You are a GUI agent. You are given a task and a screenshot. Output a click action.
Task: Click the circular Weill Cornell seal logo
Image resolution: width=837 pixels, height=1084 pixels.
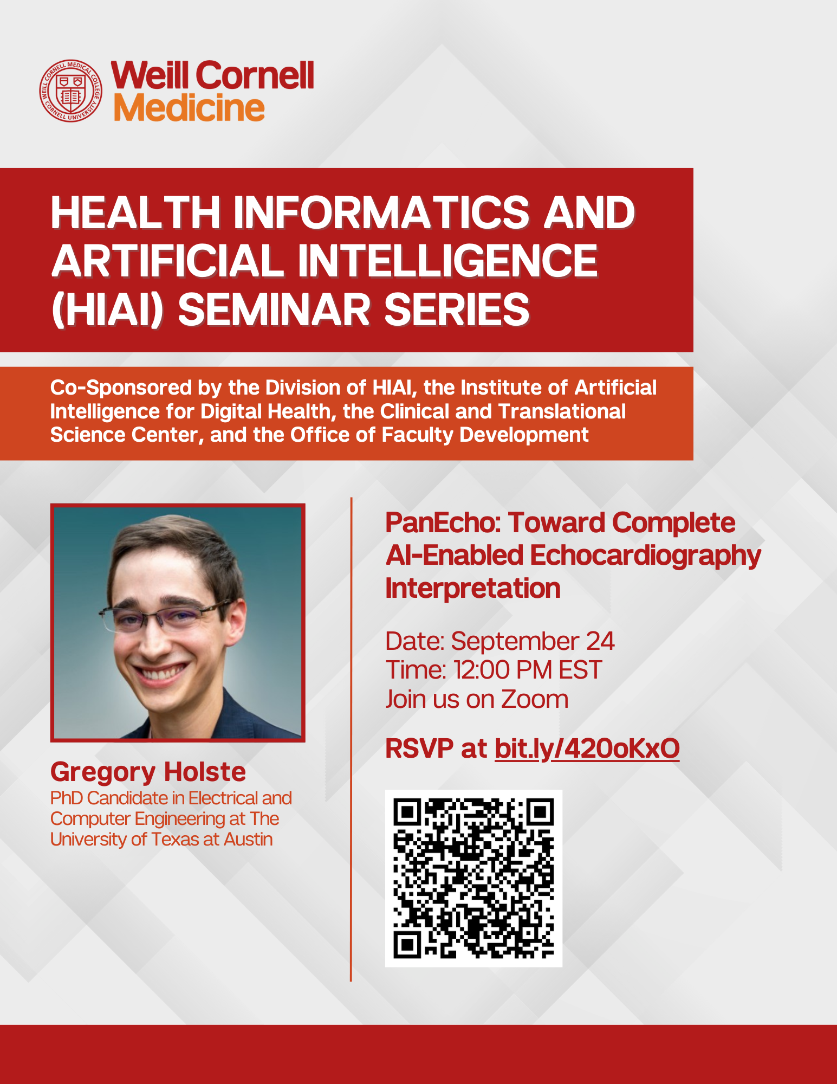click(x=70, y=91)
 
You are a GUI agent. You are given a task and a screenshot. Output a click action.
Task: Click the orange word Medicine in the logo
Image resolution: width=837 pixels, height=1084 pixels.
click(x=189, y=108)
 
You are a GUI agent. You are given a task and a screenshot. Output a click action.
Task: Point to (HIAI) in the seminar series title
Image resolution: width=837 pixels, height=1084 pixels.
click(x=107, y=310)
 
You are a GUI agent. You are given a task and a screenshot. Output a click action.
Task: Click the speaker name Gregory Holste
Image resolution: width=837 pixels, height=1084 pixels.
click(x=148, y=772)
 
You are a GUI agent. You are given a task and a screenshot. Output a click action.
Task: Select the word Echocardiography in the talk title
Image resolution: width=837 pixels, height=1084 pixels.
click(x=645, y=556)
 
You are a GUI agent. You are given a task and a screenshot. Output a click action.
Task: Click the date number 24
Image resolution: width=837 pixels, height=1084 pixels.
click(x=600, y=641)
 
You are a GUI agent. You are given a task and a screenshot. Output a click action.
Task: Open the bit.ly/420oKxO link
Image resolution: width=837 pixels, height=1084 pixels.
click(x=587, y=749)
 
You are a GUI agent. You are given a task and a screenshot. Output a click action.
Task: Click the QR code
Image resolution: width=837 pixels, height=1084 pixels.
click(x=473, y=878)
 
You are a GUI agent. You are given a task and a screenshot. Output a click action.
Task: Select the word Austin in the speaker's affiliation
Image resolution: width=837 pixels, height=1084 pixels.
click(x=248, y=840)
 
